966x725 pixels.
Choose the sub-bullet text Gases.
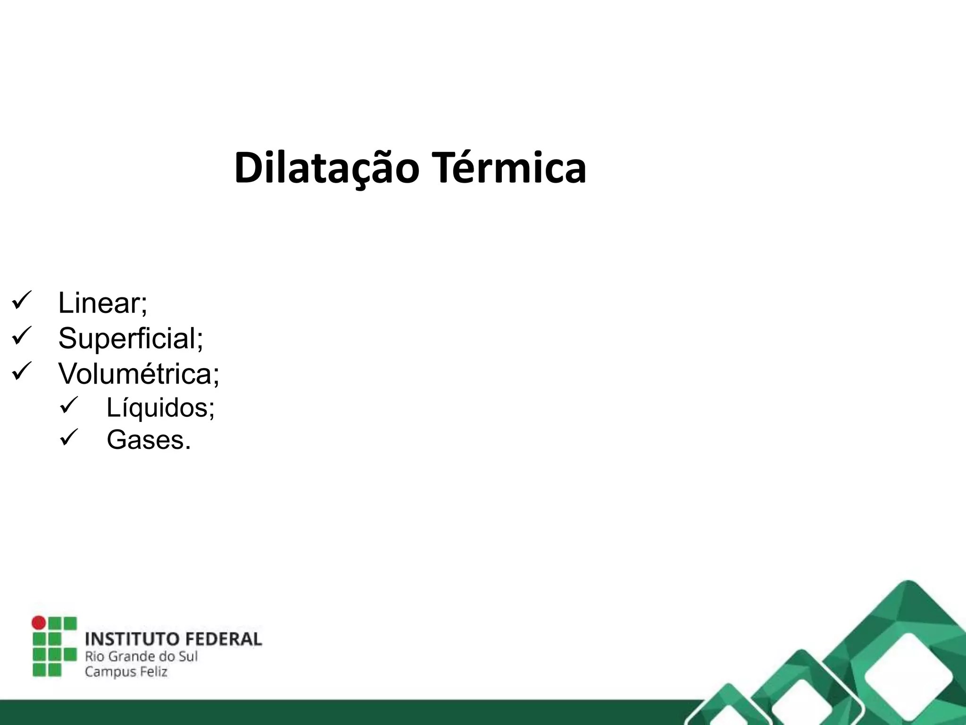(x=149, y=440)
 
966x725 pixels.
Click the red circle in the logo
(x=39, y=623)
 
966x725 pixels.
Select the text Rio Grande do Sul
(x=141, y=656)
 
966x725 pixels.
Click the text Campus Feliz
(x=126, y=672)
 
